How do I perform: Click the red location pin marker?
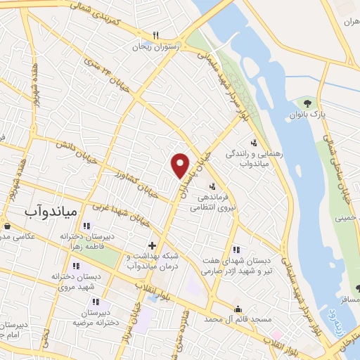click(x=181, y=165)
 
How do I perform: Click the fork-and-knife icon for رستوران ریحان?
click(x=157, y=36)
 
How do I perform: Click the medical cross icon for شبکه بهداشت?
click(x=151, y=246)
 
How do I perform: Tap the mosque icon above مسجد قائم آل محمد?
click(x=238, y=308)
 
